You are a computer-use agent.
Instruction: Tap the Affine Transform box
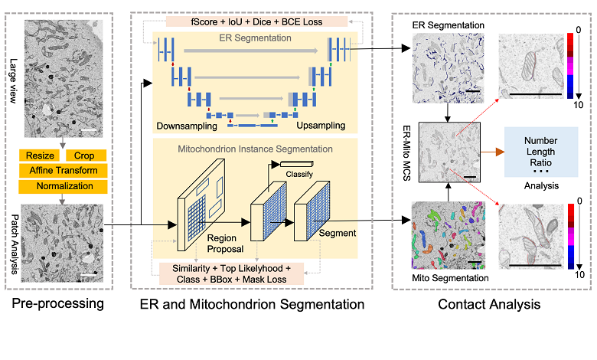(64, 171)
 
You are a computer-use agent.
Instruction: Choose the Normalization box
(64, 186)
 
